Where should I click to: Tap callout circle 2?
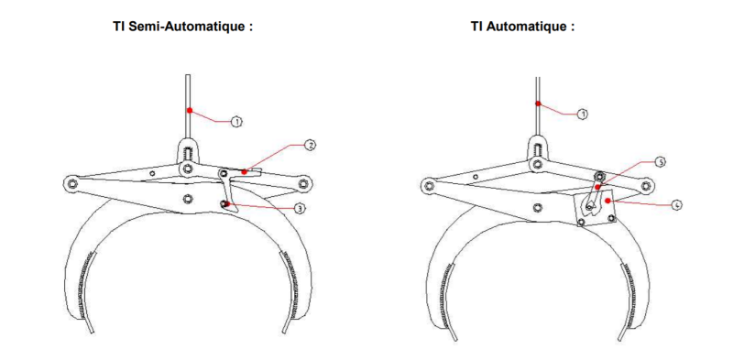pyautogui.click(x=311, y=146)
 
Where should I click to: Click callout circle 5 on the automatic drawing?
pyautogui.click(x=660, y=161)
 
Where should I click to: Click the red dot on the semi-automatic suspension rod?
pyautogui.click(x=190, y=110)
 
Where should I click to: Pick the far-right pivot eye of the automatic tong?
pyautogui.click(x=648, y=187)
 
